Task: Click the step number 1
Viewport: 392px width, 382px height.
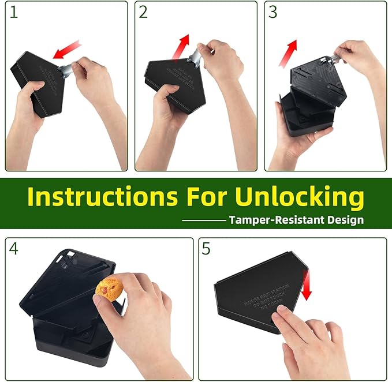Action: (14, 13)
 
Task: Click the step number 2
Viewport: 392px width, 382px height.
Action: (143, 13)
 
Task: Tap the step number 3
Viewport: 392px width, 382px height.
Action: (273, 13)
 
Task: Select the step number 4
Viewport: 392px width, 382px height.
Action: (14, 249)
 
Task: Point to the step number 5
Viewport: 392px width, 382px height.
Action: (207, 249)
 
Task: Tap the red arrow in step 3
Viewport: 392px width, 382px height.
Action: (288, 54)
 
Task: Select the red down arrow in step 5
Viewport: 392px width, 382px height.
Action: (306, 287)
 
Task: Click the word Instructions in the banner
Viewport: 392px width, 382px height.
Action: (98, 197)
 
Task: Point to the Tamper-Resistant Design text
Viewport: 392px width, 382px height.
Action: (296, 220)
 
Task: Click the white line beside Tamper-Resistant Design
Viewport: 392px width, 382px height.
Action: (204, 220)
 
